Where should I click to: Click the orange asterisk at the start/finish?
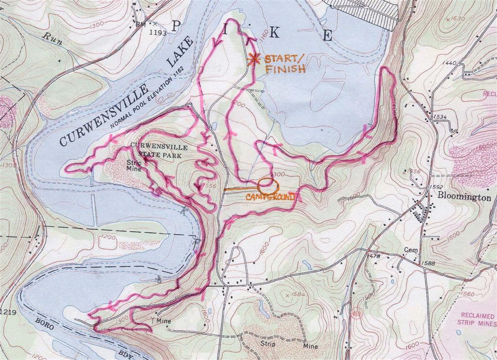[252, 59]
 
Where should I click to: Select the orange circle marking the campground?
[266, 185]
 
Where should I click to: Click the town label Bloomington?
[464, 197]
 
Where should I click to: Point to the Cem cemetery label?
[410, 250]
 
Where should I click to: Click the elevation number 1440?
[449, 63]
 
